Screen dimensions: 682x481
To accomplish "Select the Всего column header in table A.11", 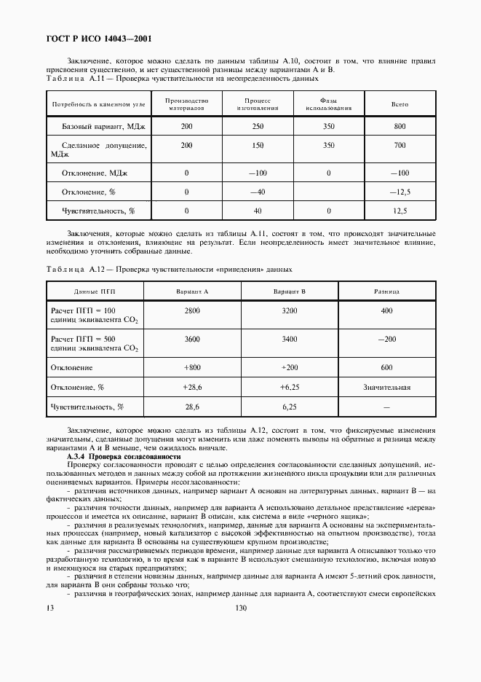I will [x=399, y=104].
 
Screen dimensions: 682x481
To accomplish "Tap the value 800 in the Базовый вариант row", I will [x=399, y=127].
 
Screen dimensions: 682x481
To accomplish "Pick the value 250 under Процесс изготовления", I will [x=258, y=127].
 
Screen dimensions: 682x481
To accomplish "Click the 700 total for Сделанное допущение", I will [x=399, y=146].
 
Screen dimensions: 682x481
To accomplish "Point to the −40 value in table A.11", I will [x=258, y=192].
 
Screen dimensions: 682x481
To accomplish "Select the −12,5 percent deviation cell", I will [x=399, y=192].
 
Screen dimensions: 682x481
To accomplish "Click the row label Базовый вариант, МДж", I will [x=99, y=127].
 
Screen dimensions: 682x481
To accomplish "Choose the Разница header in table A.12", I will [x=386, y=291].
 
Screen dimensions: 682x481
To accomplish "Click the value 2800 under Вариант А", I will [x=192, y=310].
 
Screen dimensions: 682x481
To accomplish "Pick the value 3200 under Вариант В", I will [x=289, y=310].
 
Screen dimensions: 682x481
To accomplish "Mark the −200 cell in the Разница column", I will [x=386, y=340].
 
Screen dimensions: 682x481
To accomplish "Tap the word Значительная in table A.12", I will [x=386, y=388].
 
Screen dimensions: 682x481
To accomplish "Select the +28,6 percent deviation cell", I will [x=192, y=388].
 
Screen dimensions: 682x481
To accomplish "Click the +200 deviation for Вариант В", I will [x=289, y=368].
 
